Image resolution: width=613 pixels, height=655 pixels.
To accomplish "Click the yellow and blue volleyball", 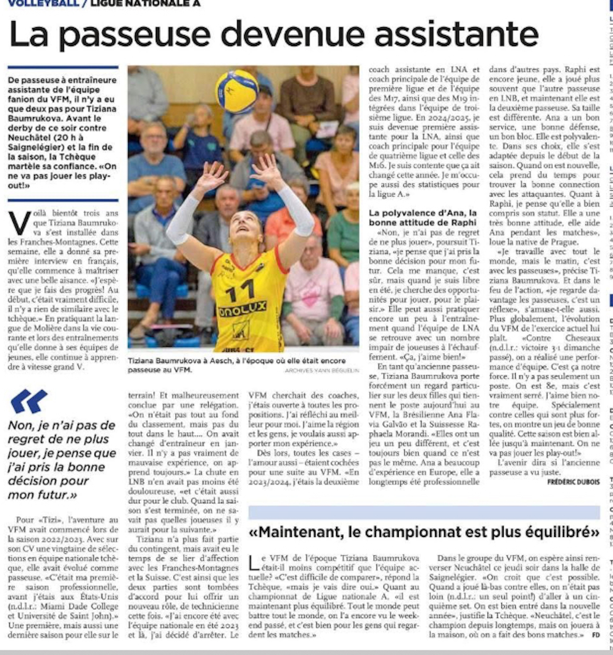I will pos(237,92).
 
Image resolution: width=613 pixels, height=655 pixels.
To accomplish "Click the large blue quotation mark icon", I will pos(29,401).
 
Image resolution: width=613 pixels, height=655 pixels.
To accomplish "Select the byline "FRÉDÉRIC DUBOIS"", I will pos(573,482).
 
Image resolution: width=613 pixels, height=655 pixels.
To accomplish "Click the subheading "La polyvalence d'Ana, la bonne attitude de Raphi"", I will pos(423,218).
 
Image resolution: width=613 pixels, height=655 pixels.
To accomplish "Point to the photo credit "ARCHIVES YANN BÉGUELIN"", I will pos(322,370).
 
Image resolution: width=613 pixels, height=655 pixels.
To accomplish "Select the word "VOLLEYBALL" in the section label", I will pos(43,3).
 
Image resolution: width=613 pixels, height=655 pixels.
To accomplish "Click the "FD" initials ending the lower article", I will pos(596,646).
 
